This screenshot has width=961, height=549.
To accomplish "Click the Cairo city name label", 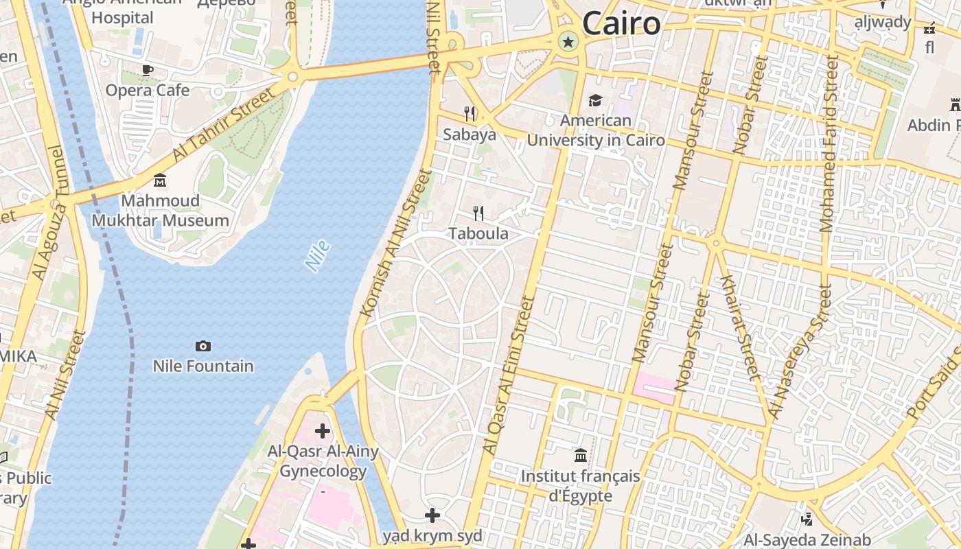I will pos(621,24).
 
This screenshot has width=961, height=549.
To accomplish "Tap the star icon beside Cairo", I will pos(568,42).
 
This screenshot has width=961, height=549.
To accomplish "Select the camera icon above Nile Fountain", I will pos(203,346).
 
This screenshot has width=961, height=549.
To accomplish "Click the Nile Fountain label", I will pos(203,366).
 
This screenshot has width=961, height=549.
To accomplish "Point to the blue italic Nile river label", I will pos(317,256).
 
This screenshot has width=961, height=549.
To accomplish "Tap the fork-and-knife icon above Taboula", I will pos(478,213).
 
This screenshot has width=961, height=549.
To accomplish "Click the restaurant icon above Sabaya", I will pos(470,113).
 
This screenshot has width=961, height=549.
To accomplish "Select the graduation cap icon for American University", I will pos(595,101).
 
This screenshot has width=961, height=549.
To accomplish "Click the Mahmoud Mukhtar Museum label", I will pos(160,211).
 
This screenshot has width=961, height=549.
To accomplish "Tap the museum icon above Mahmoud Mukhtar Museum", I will pos(160,180).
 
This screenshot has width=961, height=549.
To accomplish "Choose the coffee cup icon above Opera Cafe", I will pos(147,69).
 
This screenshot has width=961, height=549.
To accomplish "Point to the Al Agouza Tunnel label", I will pos(47,213).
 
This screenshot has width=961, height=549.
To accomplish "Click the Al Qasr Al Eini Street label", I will pos(509,374).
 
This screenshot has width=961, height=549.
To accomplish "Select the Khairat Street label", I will pos(740,327).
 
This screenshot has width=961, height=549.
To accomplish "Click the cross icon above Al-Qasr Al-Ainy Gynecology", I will pos(322,431).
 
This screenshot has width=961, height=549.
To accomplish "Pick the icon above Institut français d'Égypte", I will pos(581,455).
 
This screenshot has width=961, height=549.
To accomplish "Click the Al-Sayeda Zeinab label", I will pos(797,539).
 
